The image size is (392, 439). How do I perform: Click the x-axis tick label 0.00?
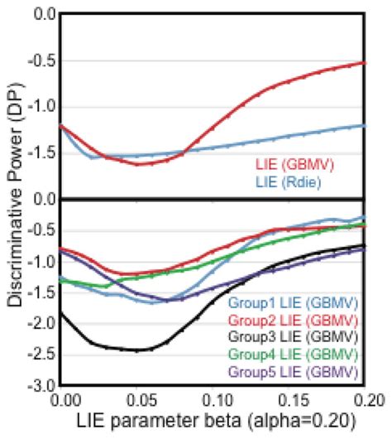64,400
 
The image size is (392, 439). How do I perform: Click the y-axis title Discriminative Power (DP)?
12,199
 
